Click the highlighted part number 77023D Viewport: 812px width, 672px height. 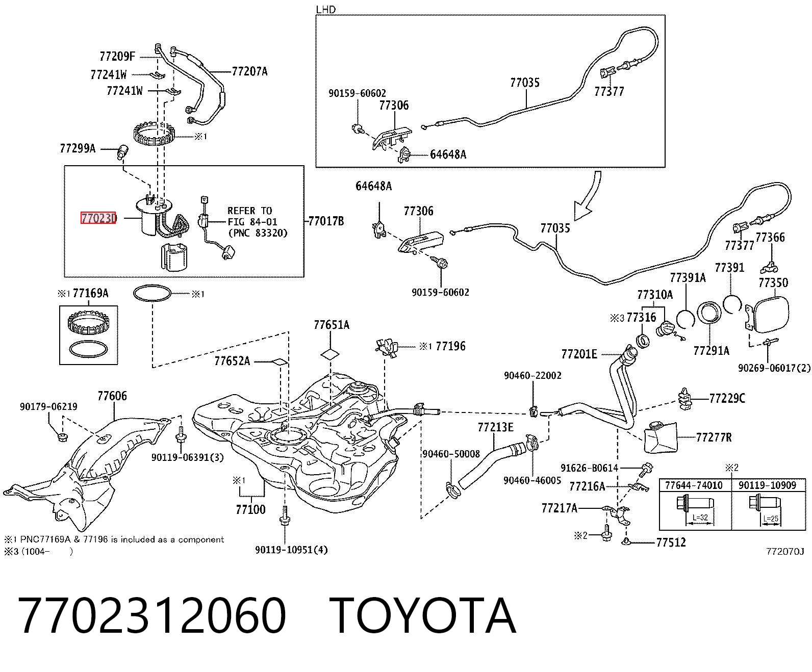[x=98, y=218]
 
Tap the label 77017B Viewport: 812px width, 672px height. [x=326, y=221]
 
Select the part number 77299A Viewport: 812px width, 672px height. [x=78, y=148]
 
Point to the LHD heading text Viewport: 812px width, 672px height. [x=326, y=9]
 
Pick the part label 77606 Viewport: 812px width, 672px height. [x=112, y=396]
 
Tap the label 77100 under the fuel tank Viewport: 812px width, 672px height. [x=250, y=509]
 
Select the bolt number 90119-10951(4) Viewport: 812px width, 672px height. [x=291, y=550]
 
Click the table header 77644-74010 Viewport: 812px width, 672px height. [x=694, y=485]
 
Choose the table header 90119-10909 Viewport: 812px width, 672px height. [x=767, y=485]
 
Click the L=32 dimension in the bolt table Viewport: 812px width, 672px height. [x=700, y=518]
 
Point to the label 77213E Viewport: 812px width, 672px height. [x=495, y=427]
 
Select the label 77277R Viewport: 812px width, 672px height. [x=714, y=437]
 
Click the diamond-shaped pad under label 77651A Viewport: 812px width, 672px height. [x=330, y=354]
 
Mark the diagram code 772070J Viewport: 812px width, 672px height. [x=785, y=552]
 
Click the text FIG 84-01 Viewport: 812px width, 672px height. [x=252, y=222]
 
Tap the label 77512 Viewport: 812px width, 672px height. [x=671, y=542]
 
